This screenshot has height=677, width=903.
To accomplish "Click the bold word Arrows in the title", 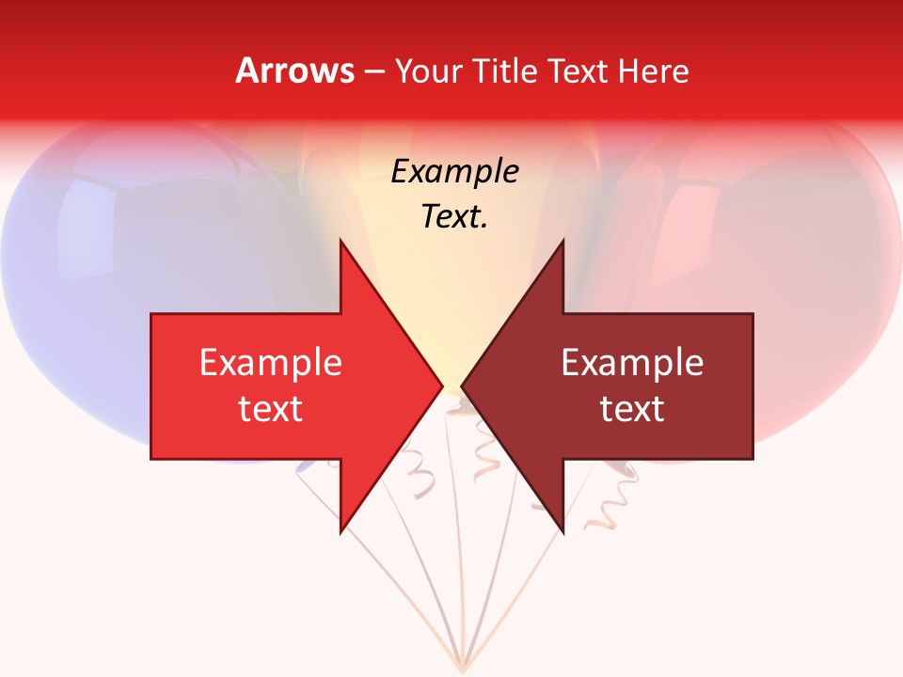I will click(x=294, y=71).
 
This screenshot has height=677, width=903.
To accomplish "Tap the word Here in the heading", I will click(x=653, y=71).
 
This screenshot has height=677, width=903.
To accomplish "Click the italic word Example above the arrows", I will click(x=454, y=172).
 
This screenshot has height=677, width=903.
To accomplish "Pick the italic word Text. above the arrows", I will click(x=454, y=216).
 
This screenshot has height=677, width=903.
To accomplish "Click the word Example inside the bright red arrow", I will click(x=271, y=363).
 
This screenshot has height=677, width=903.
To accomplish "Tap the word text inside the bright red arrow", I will click(x=271, y=409).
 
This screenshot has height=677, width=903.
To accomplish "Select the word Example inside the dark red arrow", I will click(x=632, y=363).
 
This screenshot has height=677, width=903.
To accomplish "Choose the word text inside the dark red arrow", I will click(x=632, y=409).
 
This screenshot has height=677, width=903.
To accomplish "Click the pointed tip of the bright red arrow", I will click(x=441, y=386).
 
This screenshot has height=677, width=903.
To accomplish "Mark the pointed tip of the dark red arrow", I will click(x=463, y=386).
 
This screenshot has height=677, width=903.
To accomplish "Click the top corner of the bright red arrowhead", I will click(x=341, y=242).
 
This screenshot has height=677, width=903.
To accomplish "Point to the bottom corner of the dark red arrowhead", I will click(x=562, y=532).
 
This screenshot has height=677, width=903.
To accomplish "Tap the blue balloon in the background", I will click(x=85, y=282).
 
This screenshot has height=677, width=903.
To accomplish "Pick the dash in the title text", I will click(x=373, y=71).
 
